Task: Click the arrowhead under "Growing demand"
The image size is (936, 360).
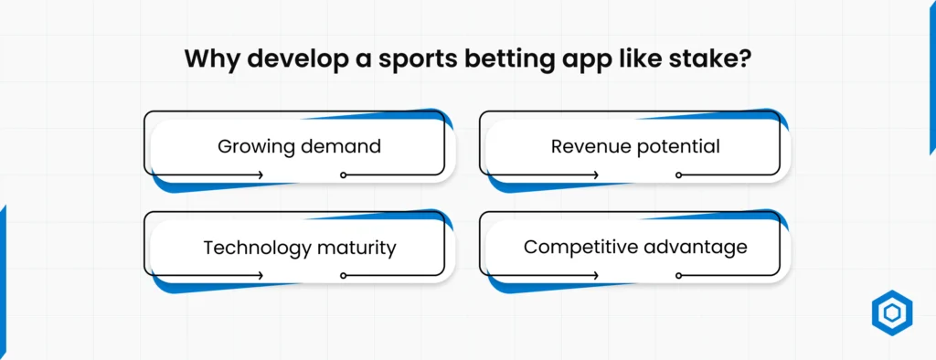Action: click(261, 174)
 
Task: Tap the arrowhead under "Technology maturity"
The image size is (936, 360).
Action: click(261, 274)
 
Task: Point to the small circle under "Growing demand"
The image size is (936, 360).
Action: click(343, 174)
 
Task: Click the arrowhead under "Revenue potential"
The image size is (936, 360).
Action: click(598, 174)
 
